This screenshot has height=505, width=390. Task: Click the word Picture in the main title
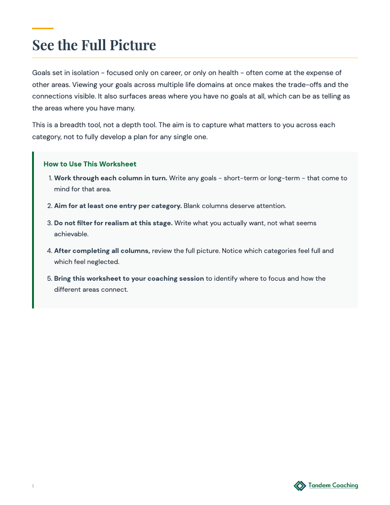133,45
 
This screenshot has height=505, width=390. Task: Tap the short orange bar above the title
43,29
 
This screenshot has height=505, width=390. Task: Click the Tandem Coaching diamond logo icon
300,486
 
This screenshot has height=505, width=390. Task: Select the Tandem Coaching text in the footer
333,485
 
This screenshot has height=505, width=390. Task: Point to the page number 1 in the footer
33,486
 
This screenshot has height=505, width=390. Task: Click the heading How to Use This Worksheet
90,164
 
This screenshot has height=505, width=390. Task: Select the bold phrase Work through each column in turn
110,178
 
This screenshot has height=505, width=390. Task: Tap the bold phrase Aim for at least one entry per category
118,206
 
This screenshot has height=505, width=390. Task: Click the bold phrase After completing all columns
102,251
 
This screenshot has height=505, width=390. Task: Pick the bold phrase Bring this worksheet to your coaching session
129,278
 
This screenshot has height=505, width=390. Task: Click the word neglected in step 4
103,262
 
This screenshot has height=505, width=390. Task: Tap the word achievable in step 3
71,234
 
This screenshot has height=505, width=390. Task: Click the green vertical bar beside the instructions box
33,230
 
